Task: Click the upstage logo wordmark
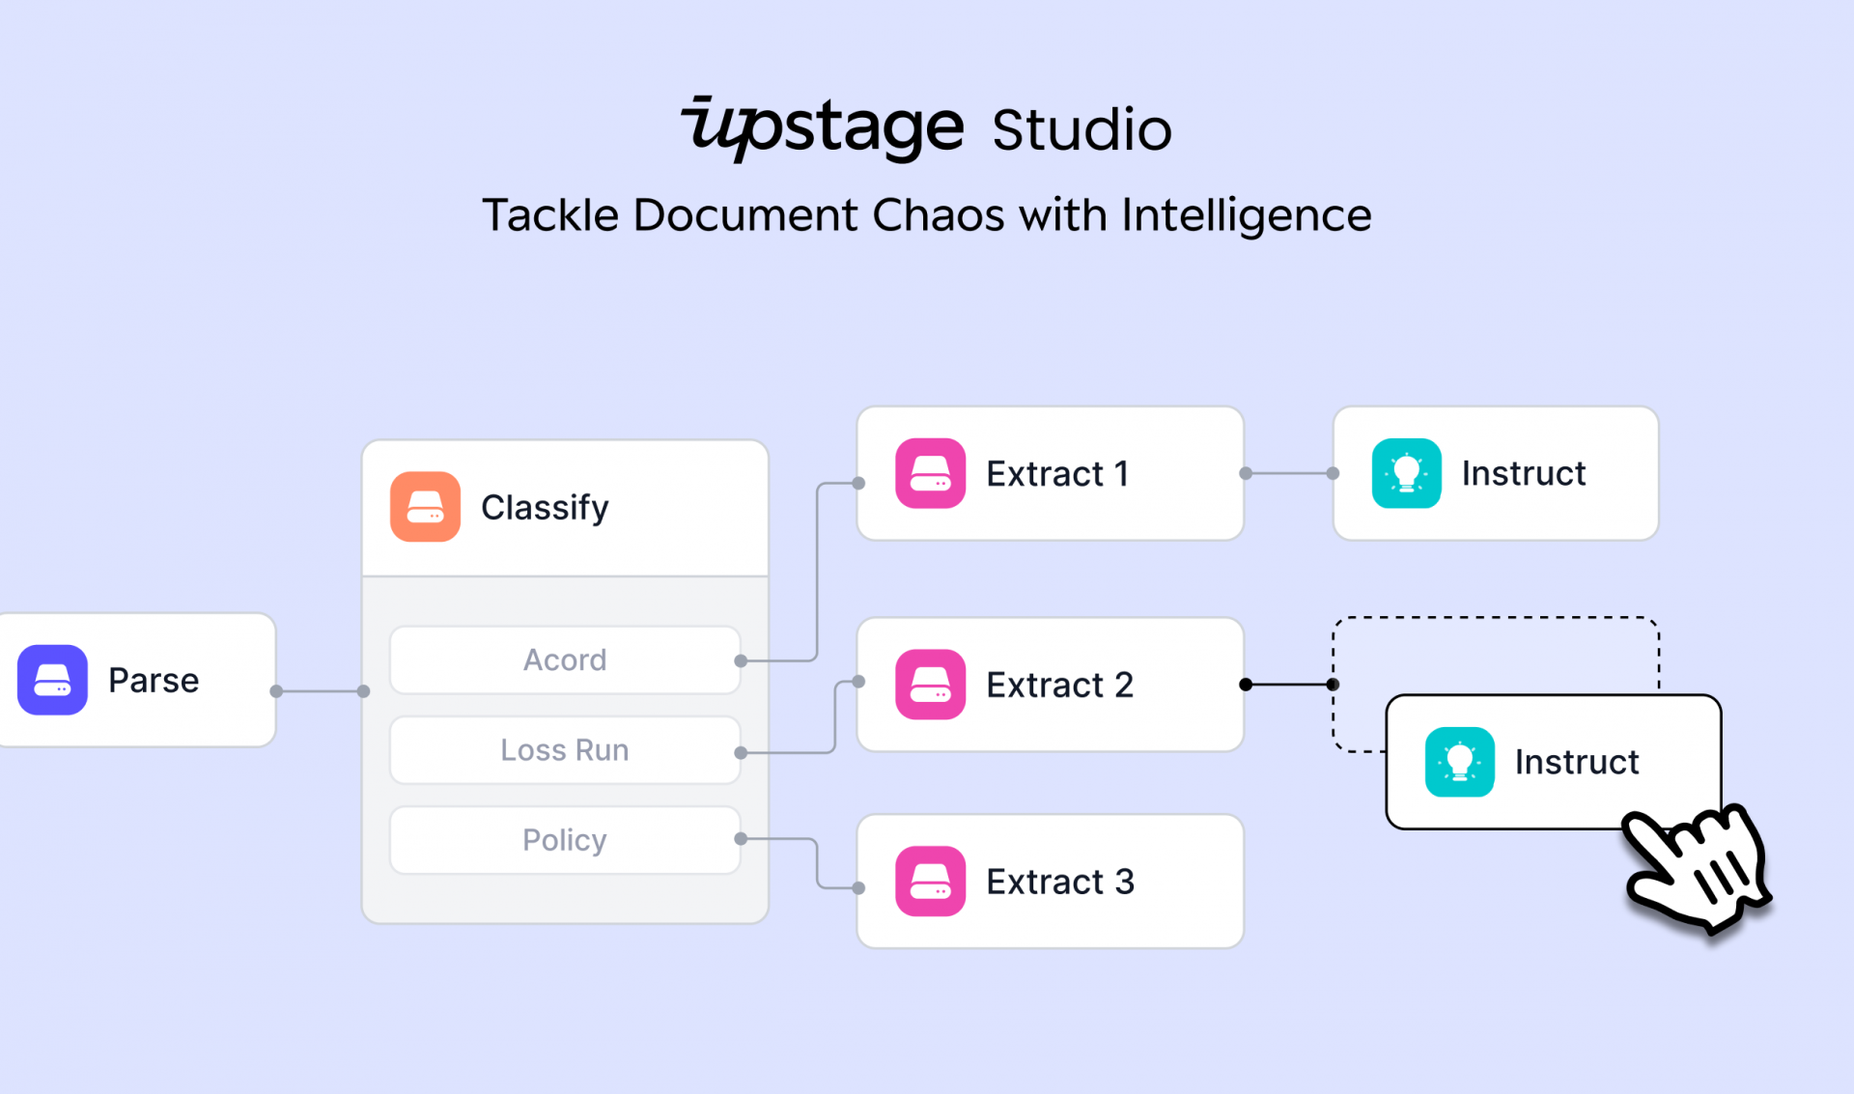coord(823,128)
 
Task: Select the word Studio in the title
coord(1081,130)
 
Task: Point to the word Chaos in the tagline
coord(938,214)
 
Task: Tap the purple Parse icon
coord(52,680)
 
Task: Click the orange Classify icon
coord(425,507)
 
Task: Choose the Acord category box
coord(565,660)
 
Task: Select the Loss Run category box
coord(565,750)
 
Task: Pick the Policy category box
coord(565,840)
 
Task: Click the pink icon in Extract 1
coord(930,473)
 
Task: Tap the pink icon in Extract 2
coord(930,685)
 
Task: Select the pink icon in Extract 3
coord(930,882)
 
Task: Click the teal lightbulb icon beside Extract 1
coord(1406,473)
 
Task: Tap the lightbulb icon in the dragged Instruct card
coord(1459,762)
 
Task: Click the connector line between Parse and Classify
coord(320,691)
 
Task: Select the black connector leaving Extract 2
coord(1289,685)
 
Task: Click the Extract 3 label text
coord(1060,882)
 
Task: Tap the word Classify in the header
coord(545,508)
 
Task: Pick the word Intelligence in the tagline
coord(1247,216)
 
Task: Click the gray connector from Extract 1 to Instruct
coord(1289,473)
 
